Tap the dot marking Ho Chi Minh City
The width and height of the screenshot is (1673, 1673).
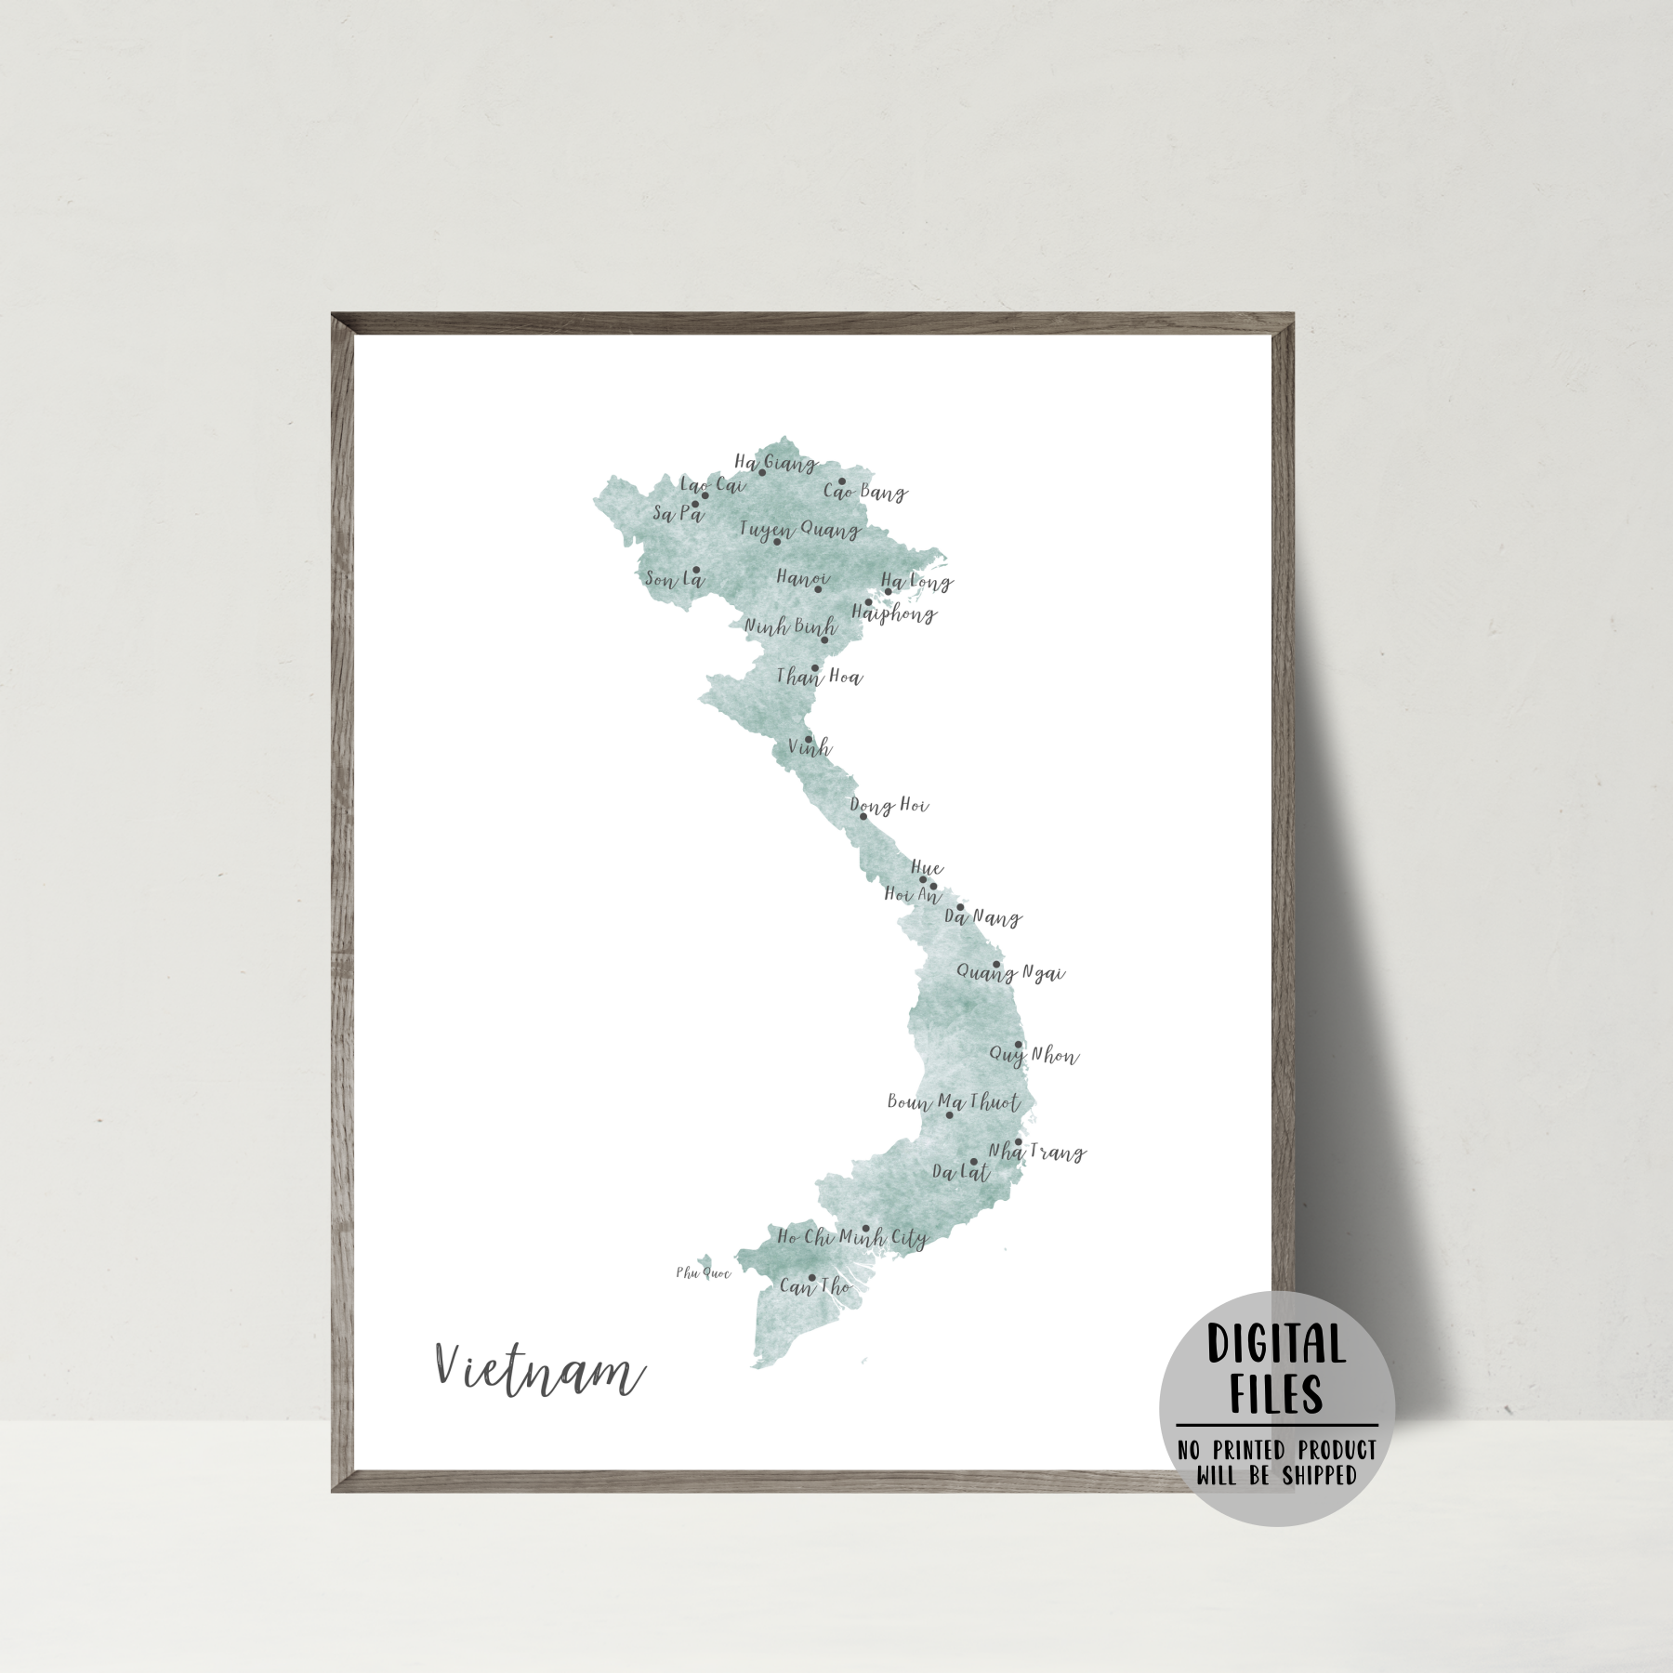point(865,1229)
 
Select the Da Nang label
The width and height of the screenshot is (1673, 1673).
point(982,917)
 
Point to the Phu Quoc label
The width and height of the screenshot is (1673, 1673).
point(704,1273)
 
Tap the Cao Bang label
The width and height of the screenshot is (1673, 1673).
point(865,492)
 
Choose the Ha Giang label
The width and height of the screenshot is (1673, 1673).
point(775,462)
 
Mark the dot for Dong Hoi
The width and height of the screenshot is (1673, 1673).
point(863,816)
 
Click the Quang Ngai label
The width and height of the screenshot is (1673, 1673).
point(1010,973)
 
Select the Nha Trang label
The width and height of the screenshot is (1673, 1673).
point(1036,1153)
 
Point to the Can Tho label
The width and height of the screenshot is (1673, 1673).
point(815,1287)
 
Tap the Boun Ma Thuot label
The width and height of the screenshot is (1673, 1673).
point(954,1102)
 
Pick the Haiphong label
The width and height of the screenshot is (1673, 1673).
point(894,613)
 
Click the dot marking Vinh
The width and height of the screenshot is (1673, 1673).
point(809,740)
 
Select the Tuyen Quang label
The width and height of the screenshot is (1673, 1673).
point(799,530)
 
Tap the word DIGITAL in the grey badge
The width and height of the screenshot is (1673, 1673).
point(1276,1345)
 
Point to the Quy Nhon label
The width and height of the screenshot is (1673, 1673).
point(1034,1056)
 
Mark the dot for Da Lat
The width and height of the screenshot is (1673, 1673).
point(973,1162)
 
